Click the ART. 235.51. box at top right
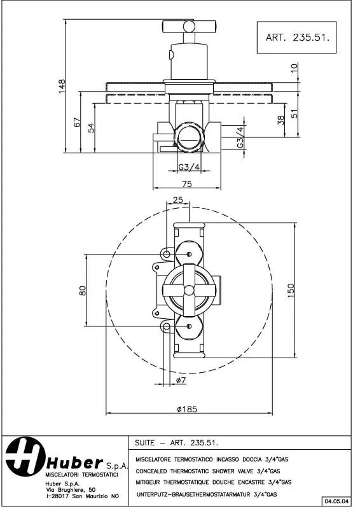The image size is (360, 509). (x=296, y=38)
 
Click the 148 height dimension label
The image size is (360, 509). (x=62, y=86)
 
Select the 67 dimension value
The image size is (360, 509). (x=77, y=122)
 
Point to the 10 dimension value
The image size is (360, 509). (x=293, y=69)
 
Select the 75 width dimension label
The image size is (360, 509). (x=188, y=184)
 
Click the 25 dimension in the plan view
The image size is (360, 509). (x=177, y=200)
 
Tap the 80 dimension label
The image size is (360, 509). (x=82, y=290)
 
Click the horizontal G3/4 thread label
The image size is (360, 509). (x=188, y=167)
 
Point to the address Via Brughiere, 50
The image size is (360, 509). (x=71, y=489)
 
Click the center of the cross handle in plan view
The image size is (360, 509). (x=188, y=290)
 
